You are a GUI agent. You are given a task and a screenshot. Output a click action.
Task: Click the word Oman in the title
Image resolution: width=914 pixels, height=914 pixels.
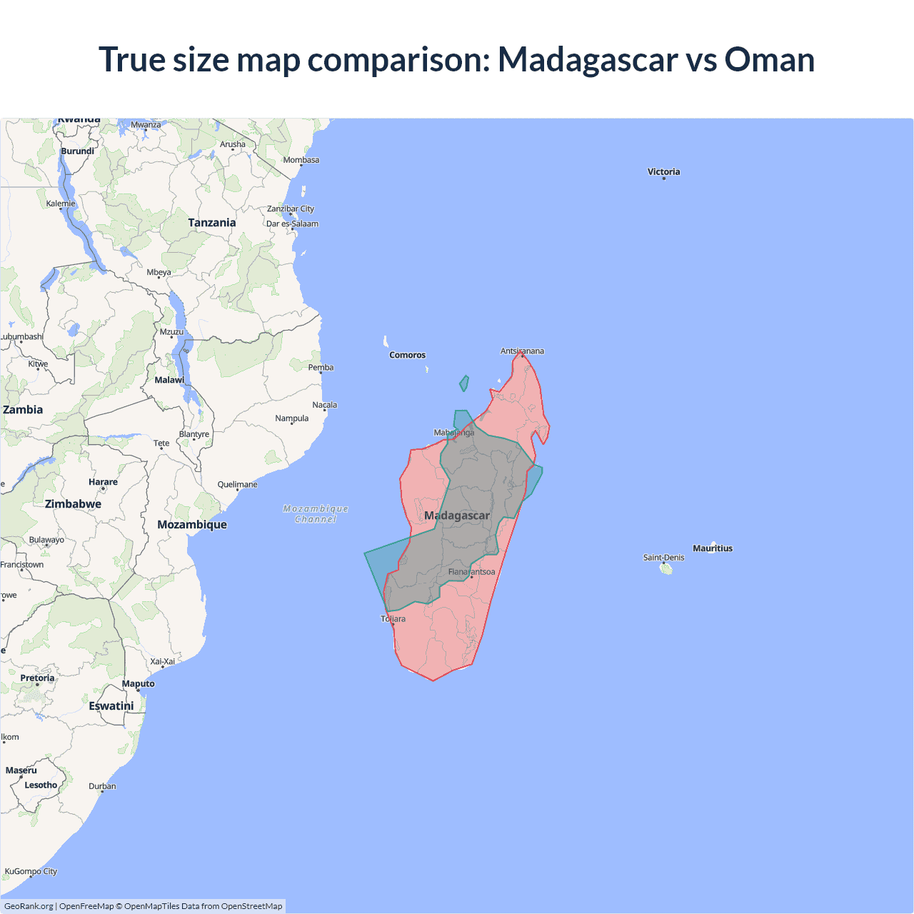pos(769,60)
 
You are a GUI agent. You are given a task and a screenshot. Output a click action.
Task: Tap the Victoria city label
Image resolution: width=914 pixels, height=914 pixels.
pos(663,171)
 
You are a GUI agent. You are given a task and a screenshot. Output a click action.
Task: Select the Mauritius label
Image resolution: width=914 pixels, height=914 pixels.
pos(713,548)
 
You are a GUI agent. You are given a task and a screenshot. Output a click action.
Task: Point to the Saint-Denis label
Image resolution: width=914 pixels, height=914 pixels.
pos(663,558)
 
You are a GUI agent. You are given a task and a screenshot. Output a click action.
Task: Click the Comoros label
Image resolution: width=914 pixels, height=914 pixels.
pos(407,355)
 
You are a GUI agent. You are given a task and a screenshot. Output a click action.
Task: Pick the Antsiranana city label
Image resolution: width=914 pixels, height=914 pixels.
pos(522,351)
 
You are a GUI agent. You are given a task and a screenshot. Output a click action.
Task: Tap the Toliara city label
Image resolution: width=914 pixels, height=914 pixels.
pos(393,618)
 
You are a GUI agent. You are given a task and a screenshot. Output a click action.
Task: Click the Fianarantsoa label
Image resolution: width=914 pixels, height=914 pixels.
pos(471,572)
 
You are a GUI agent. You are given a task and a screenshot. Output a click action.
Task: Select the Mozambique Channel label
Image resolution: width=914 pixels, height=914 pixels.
pos(316,514)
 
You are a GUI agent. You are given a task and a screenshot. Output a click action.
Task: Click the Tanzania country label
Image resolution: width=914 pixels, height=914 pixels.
pos(211,223)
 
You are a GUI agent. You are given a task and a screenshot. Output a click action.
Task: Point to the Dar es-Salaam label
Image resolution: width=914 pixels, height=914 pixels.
pos(292,224)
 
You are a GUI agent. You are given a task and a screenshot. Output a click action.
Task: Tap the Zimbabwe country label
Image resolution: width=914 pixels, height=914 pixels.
pos(73,504)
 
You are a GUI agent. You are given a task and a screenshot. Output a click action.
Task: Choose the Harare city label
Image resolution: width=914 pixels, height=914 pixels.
pos(103,482)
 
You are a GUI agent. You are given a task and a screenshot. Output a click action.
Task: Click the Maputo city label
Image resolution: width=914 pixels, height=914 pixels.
pos(138,683)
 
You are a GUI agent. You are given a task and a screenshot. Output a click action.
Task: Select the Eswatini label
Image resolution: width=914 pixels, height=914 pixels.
pos(111,706)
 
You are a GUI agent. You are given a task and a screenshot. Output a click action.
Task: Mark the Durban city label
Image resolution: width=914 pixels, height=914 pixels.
pos(102,786)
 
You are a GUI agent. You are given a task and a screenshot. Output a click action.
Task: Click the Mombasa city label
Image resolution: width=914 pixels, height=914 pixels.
pos(301,160)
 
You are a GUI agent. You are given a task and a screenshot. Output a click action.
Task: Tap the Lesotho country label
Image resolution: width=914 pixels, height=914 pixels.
pos(41,785)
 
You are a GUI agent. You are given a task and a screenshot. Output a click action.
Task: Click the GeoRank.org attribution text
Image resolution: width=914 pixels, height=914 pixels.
pos(29,906)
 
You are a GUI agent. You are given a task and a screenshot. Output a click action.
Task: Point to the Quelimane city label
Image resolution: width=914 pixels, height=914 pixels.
pos(237,484)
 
